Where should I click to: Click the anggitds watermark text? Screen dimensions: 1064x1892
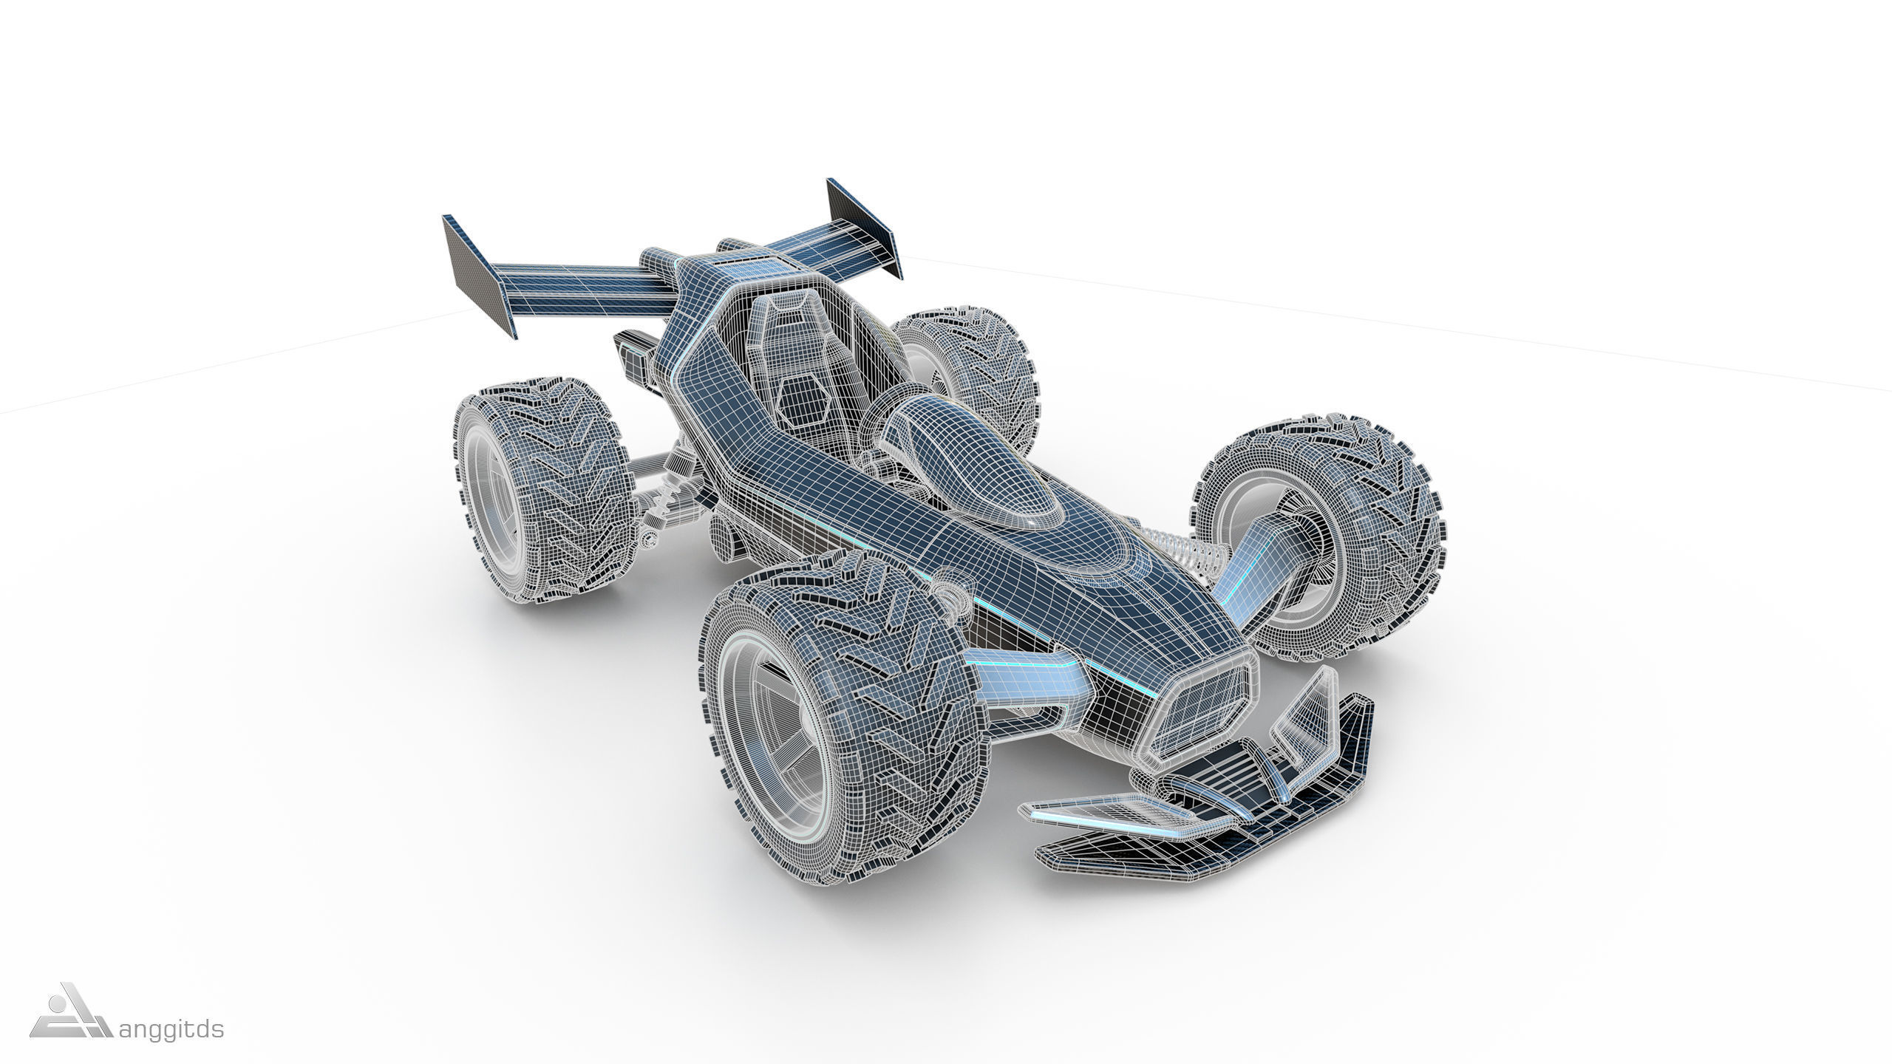(171, 1029)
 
